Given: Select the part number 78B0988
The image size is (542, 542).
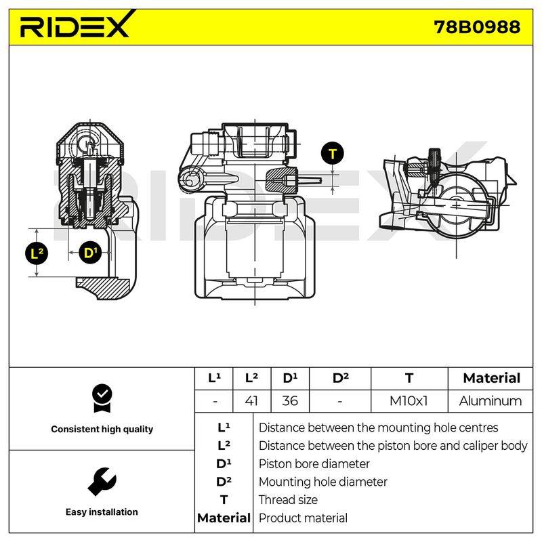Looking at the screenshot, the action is coord(477,27).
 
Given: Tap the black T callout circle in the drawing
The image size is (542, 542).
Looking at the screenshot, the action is coord(332,154).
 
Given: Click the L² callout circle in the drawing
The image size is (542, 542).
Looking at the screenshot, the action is coord(37,253).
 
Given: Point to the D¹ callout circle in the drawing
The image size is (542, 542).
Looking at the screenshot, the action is coord(91,253).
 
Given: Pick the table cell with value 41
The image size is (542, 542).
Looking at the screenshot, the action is coord(252,401).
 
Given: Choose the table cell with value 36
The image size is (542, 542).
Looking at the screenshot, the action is coord(290,401).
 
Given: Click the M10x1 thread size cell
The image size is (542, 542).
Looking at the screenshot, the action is coord(409,401).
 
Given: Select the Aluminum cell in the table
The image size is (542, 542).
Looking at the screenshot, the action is coord(490,401).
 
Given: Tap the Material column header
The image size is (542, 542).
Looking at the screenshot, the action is coord(492,378).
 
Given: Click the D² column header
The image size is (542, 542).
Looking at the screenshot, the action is coord(341,378).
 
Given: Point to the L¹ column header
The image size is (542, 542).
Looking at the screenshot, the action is coord(214,378).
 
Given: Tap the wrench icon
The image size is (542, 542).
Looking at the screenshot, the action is coord(102,482).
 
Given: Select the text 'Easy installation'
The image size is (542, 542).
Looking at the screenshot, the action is coord(102,512).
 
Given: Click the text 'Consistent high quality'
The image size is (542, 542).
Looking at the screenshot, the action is coord(102,430).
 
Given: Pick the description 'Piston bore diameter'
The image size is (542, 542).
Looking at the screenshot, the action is coord(314,464).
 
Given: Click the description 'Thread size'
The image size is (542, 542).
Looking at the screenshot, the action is coord(288,500).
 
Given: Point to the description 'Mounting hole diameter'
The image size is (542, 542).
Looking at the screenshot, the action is coord(323,482).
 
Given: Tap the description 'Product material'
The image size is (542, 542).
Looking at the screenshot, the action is coord(303,518).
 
